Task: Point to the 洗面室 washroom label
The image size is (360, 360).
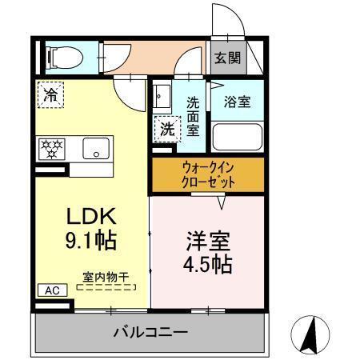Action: click(x=193, y=114)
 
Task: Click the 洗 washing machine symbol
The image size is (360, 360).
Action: click(x=166, y=127)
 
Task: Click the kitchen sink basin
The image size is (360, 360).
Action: click(x=96, y=149)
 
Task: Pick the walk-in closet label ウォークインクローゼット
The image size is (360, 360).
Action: click(x=206, y=174)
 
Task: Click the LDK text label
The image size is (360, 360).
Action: click(x=91, y=216)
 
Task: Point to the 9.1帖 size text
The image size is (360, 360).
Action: click(x=91, y=238)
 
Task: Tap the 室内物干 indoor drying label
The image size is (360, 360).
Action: click(x=106, y=277)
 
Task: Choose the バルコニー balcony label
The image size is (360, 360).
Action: click(x=150, y=331)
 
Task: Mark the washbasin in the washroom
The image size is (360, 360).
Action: click(x=162, y=98)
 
